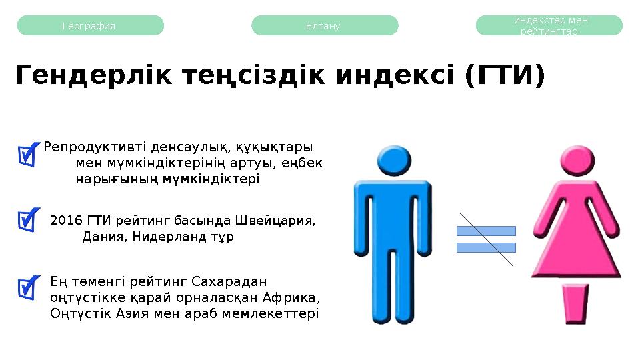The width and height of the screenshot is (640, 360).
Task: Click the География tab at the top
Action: [89, 26]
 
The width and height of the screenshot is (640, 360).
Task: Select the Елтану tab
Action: [324, 26]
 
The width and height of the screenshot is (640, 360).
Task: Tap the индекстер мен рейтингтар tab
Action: [550, 26]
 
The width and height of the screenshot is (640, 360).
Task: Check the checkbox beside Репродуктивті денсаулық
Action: [29, 154]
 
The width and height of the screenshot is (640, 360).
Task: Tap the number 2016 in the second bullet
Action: [65, 221]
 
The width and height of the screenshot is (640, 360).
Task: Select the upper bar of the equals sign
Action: [486, 231]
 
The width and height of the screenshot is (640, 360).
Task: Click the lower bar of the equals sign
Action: [486, 247]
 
